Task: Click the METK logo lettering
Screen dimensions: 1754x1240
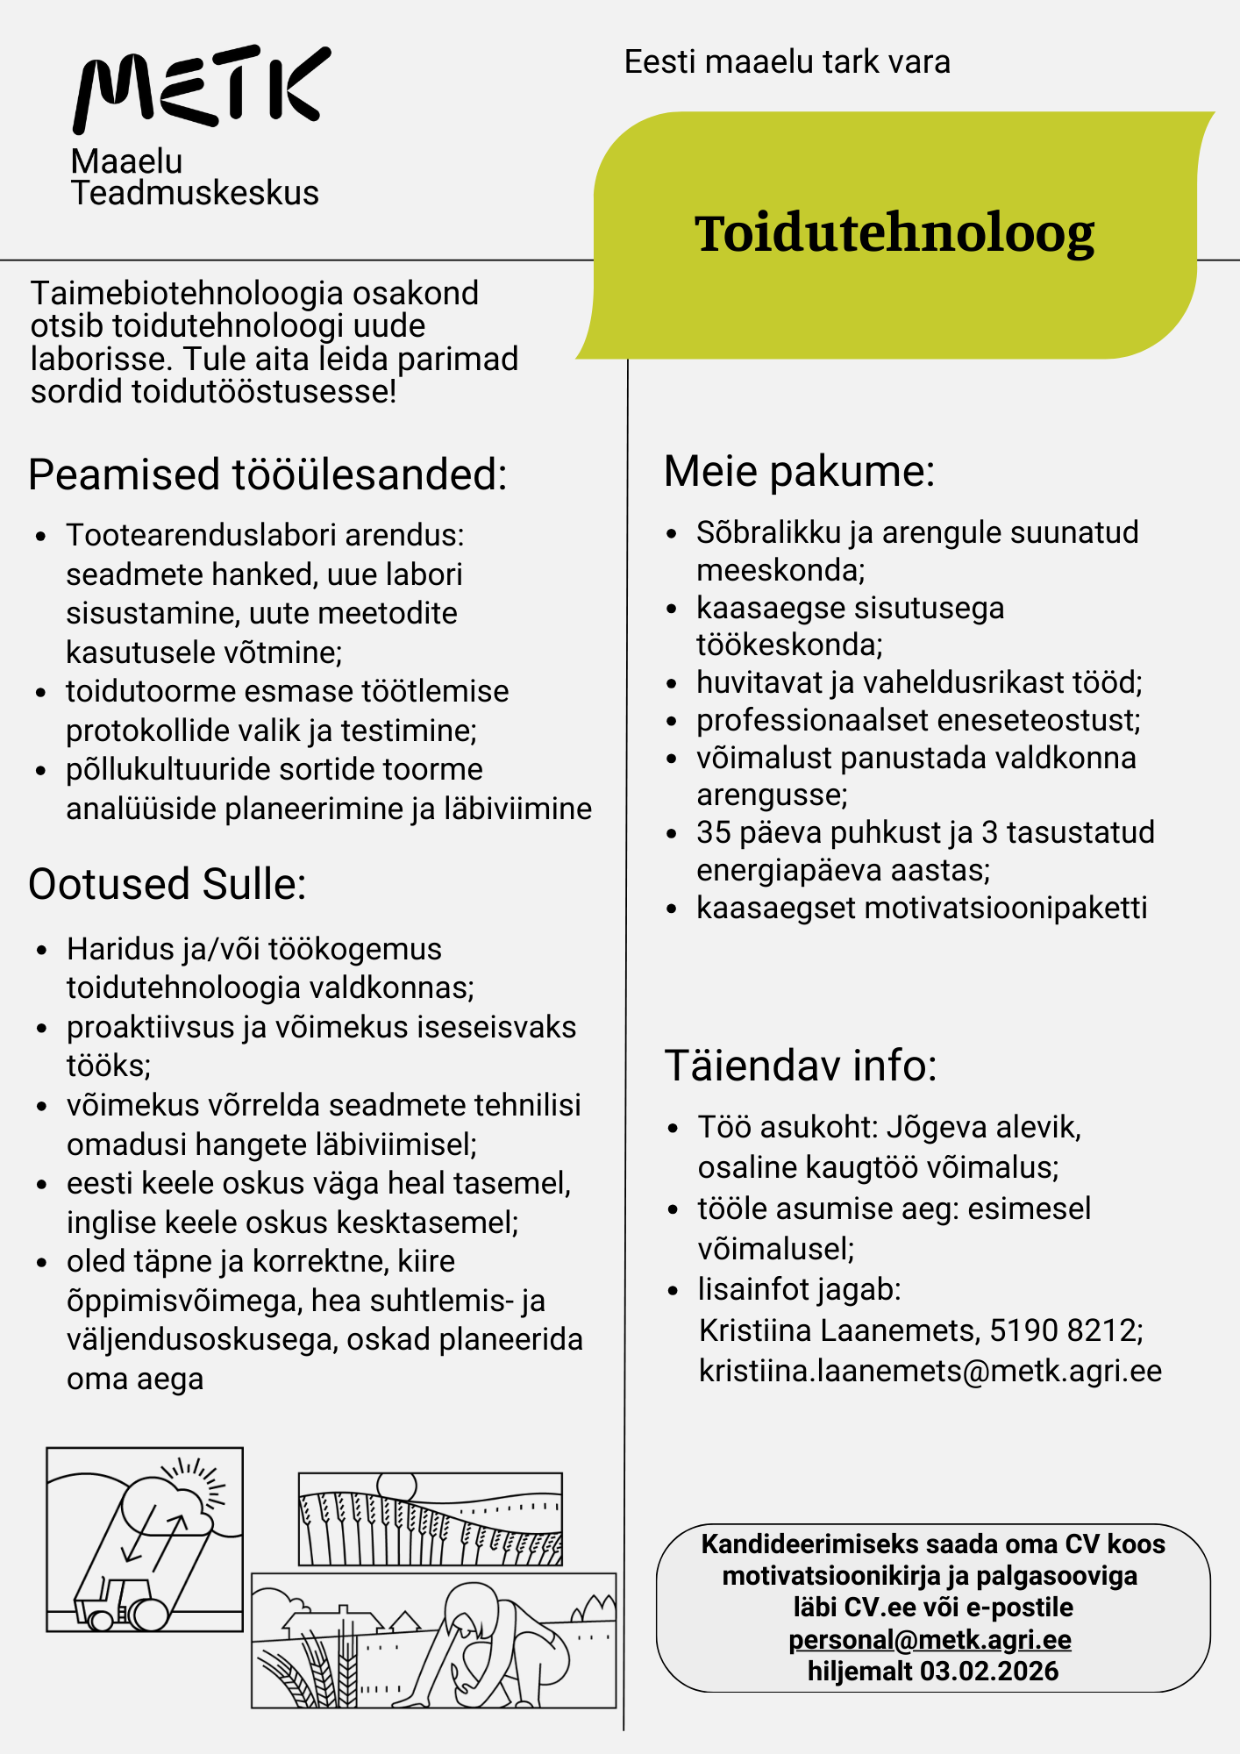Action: point(201,88)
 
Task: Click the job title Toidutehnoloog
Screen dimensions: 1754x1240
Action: point(894,234)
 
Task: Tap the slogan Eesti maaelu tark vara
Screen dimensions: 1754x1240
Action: point(787,62)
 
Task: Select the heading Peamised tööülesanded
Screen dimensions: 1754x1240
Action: point(267,474)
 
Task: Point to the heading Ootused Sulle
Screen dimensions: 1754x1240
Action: point(167,884)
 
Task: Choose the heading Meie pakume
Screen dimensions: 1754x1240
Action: point(799,471)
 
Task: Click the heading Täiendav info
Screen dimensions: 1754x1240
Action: point(801,1066)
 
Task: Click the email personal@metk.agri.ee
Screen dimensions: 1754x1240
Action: point(930,1639)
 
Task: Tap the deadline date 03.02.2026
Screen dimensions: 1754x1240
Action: point(989,1671)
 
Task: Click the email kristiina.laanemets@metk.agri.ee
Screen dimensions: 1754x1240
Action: point(930,1370)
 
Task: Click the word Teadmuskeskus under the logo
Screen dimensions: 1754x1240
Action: point(195,193)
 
